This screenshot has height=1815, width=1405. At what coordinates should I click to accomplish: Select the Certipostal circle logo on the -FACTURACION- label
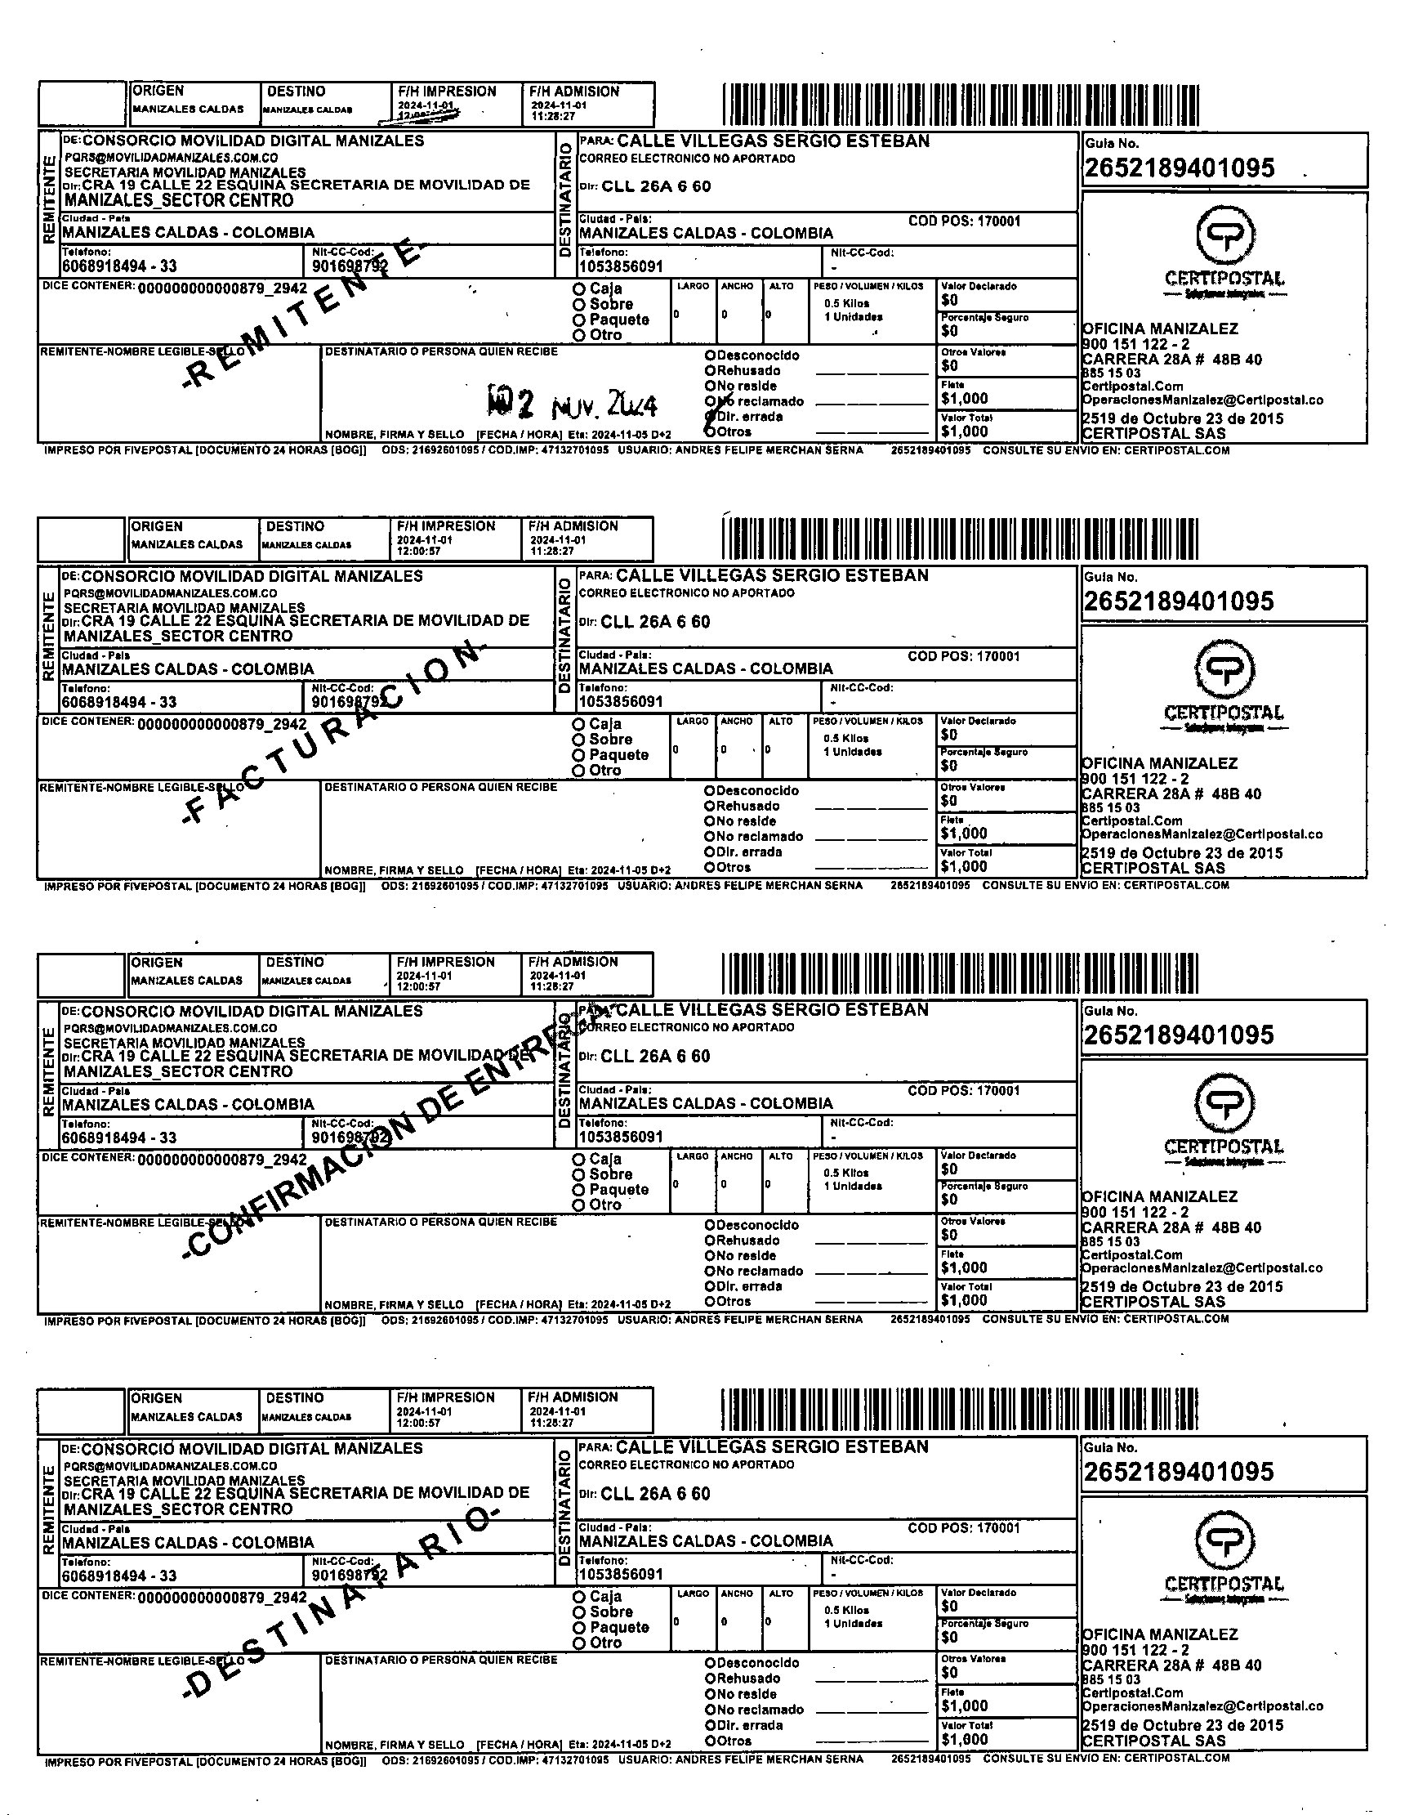1224,669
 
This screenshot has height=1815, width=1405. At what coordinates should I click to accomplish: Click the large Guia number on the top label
1179,168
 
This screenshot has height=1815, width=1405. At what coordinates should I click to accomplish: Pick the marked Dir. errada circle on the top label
711,416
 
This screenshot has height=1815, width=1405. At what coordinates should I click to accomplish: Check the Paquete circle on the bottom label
579,1627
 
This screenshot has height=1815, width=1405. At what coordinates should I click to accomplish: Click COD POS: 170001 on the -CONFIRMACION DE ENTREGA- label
964,1090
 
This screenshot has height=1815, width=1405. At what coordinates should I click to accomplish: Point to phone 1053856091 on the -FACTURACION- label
621,701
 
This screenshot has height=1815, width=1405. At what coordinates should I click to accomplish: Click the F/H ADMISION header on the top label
574,92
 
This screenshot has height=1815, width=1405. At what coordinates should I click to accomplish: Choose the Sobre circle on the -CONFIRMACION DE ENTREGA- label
578,1174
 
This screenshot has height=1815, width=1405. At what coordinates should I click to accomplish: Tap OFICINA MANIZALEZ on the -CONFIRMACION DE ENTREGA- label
1160,1196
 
